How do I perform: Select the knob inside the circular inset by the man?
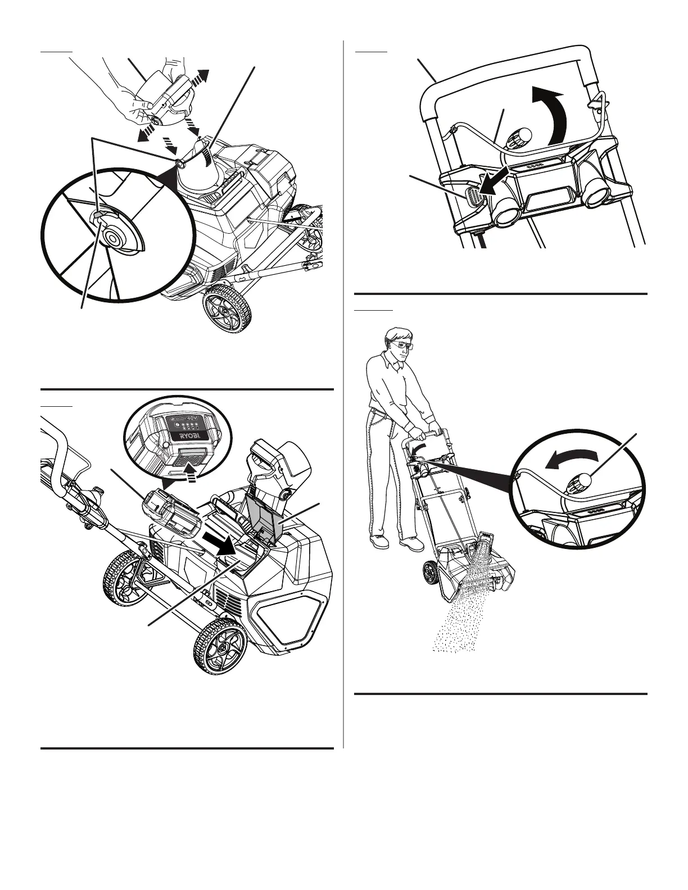(x=581, y=482)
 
